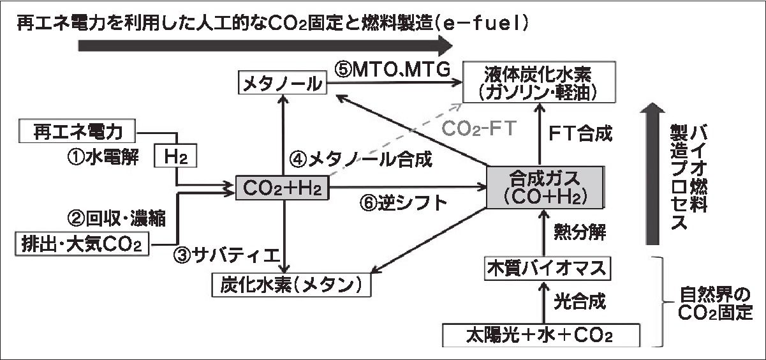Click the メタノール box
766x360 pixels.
[x=281, y=84]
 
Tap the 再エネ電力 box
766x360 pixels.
[x=77, y=131]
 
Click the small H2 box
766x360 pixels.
[x=175, y=155]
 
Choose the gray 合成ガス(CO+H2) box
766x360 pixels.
[x=544, y=186]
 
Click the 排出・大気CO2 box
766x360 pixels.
[x=82, y=243]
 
